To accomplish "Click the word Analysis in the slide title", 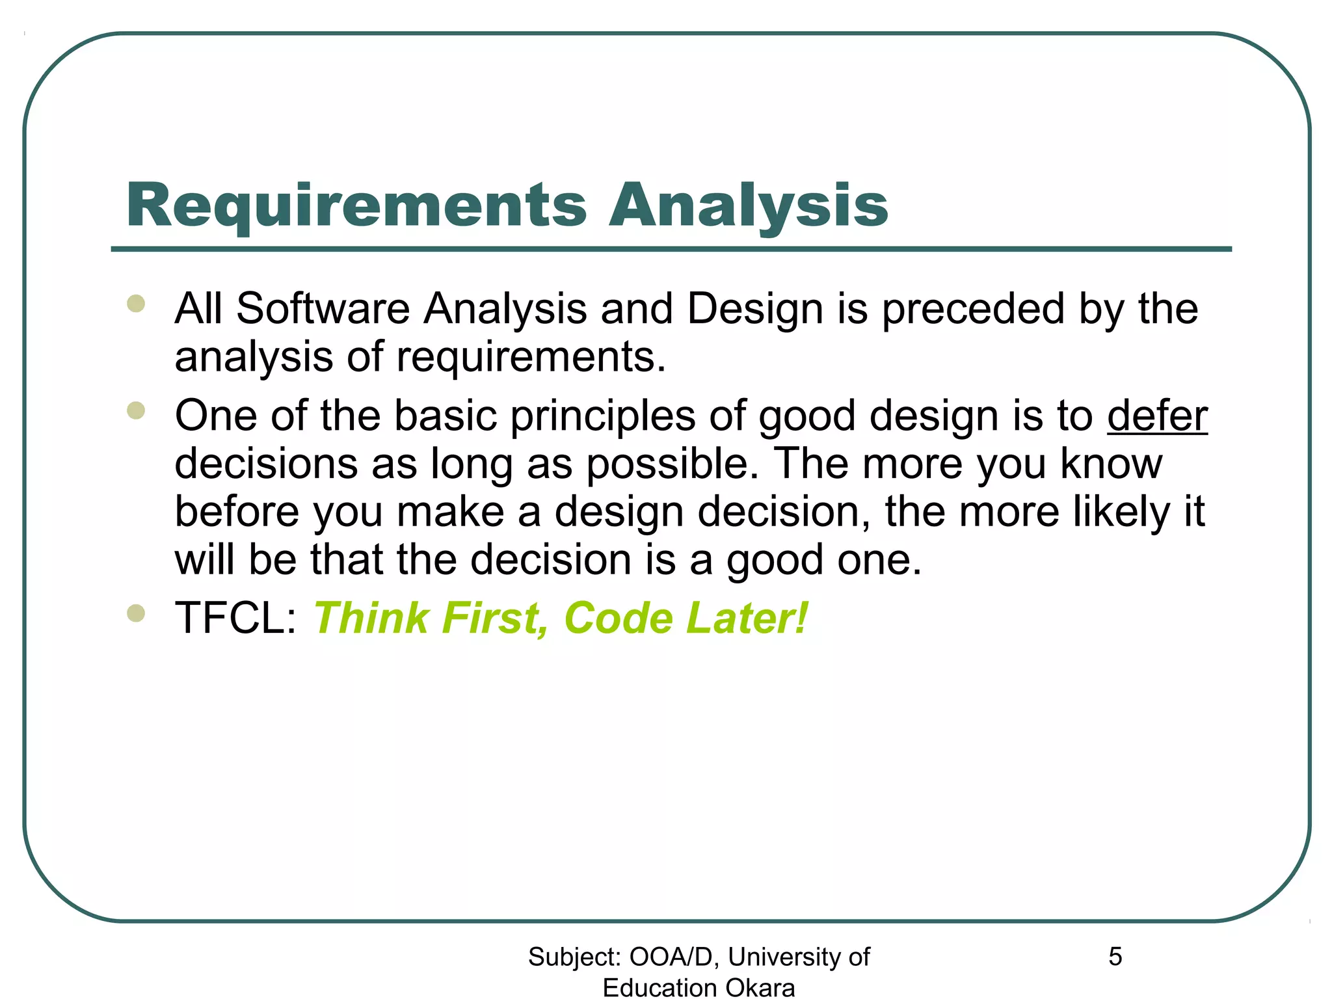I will [748, 206].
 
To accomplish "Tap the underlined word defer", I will [1157, 416].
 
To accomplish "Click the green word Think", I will [371, 618].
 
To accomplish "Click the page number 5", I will [1115, 957].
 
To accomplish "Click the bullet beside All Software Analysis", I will [136, 304].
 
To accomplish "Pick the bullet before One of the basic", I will [136, 410].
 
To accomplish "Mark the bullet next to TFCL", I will [136, 613].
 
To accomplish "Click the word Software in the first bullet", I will [323, 308].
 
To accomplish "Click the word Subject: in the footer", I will [574, 957].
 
